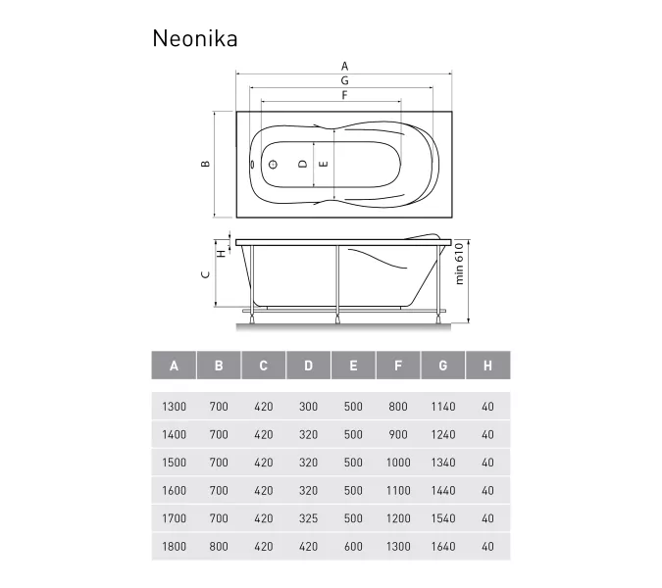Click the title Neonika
(194, 38)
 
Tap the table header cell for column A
(174, 366)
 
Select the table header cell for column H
(487, 366)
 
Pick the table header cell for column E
(353, 366)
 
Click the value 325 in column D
(308, 517)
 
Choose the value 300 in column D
(308, 407)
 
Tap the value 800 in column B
(219, 546)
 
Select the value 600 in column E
(353, 546)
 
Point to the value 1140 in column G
(442, 407)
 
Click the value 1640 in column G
(442, 546)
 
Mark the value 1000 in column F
(398, 463)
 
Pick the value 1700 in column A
(174, 517)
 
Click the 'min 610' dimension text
(459, 265)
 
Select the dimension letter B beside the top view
(204, 165)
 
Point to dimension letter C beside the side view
(204, 275)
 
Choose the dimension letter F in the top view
(344, 95)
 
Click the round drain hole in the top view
(274, 166)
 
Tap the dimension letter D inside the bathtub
(303, 165)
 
